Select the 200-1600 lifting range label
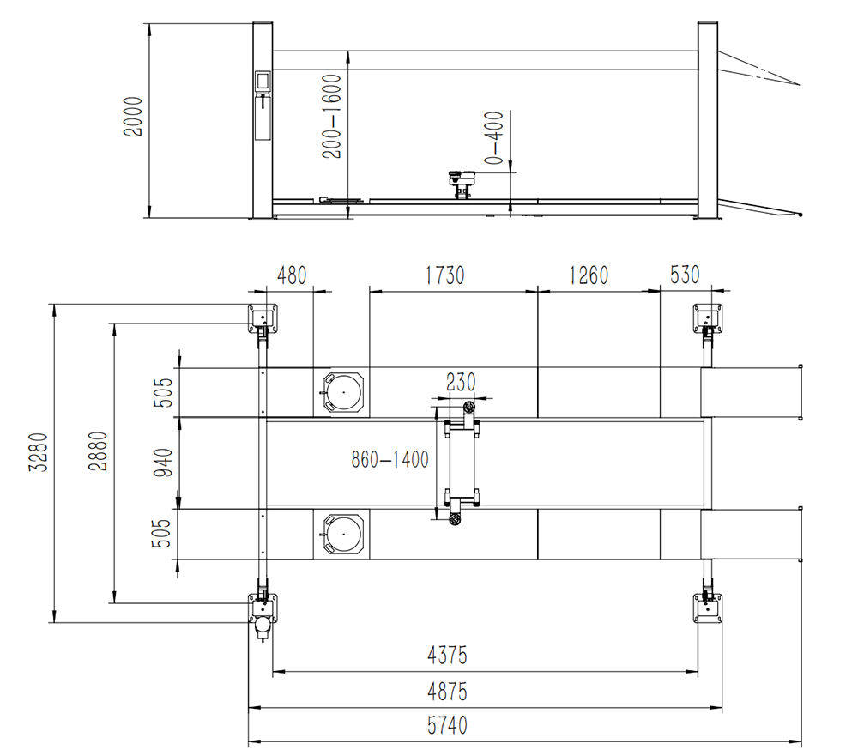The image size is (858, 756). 334,116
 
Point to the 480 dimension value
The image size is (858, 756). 292,275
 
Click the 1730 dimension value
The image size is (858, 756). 444,275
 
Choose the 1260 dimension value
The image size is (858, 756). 589,275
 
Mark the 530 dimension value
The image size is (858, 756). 685,275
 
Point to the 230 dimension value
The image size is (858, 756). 461,381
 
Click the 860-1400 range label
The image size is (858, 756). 390,460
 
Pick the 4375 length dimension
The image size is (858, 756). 447,656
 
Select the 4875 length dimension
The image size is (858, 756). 447,692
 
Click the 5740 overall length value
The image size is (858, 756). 447,726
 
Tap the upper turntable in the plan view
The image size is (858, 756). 341,393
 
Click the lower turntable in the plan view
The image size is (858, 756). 341,533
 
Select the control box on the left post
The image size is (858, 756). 262,82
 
